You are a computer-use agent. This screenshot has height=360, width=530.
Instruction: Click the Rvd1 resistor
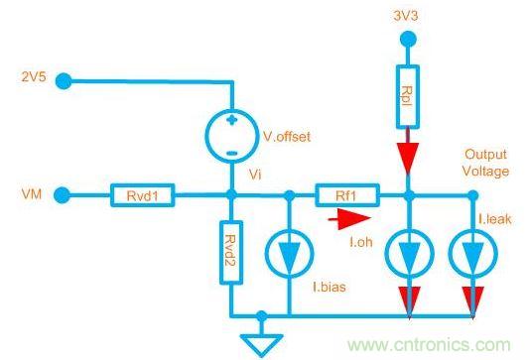(x=145, y=195)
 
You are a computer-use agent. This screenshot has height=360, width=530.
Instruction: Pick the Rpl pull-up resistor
(x=407, y=97)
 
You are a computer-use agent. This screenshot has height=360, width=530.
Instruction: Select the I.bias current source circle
(x=287, y=257)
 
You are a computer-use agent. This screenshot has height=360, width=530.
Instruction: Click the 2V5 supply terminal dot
(x=62, y=77)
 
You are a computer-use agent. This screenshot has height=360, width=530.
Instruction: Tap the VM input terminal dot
(x=62, y=195)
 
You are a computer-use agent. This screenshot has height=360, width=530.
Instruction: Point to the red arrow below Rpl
(x=407, y=157)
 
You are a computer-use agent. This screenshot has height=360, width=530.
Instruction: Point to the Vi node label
(x=255, y=174)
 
